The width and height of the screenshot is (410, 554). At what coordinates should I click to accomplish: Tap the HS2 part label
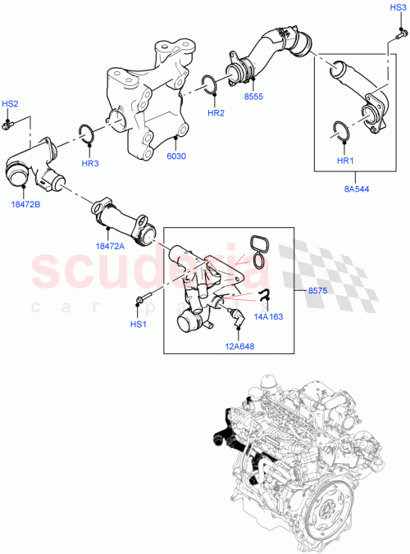pos(10,104)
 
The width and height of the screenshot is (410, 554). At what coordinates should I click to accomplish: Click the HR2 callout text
pos(216,113)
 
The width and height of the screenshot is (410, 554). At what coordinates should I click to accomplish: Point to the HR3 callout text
pos(90,163)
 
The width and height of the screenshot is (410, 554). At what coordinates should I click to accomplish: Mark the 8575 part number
pos(319,290)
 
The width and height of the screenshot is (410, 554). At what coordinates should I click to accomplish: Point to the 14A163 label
pos(268,314)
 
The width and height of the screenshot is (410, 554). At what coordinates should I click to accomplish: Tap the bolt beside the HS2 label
pos(8,124)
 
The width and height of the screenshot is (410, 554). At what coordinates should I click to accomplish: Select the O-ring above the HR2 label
pos(209,84)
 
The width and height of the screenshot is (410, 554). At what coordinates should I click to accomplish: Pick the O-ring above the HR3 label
pos(86,135)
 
